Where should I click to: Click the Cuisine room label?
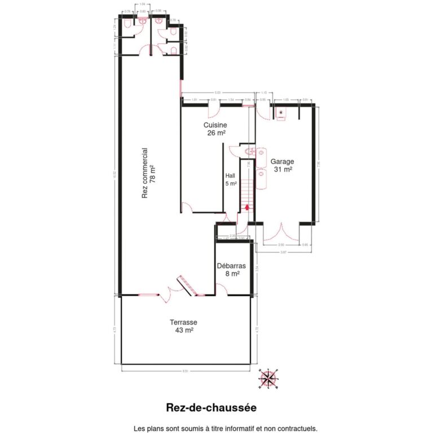[x=215, y=125]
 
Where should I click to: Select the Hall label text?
[x=231, y=175]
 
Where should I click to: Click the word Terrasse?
[x=184, y=322]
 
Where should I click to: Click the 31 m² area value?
[x=282, y=169]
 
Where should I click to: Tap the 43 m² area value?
[x=184, y=330]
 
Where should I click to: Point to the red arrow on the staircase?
[x=246, y=207]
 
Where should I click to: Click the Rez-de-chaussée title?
[x=211, y=407]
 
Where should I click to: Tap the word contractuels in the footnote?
[x=298, y=428]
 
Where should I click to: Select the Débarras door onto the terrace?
[x=222, y=290]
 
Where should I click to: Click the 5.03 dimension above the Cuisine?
[x=217, y=93]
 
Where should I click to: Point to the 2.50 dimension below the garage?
[x=281, y=245]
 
